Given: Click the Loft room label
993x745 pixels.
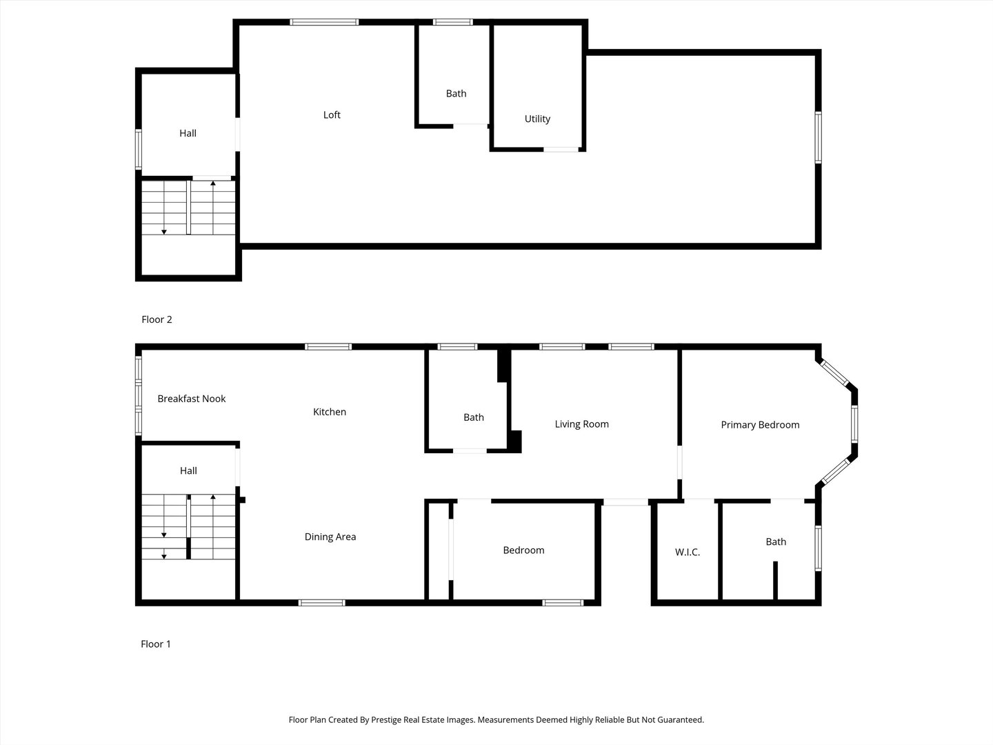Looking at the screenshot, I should tap(332, 115).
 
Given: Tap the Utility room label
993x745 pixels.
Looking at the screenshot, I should tap(537, 119).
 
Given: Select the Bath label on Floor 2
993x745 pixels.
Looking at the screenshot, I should tap(456, 94).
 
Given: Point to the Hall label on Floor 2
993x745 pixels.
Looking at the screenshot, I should tap(188, 134).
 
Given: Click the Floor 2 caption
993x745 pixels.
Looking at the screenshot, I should tap(157, 319).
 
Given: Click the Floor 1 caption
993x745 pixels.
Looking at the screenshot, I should tap(156, 644).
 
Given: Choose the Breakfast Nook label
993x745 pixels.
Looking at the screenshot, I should tap(192, 399).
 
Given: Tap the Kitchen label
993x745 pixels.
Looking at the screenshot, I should tap(330, 412).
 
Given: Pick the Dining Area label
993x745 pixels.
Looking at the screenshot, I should tap(330, 537).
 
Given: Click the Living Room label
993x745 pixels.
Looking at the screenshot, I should tap(582, 424).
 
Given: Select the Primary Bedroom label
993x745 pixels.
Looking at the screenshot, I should tap(760, 425).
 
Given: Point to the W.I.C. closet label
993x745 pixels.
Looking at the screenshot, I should tap(688, 553).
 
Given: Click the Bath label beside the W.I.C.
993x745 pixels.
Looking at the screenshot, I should tap(776, 542).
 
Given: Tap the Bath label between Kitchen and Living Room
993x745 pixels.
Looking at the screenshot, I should tap(474, 417).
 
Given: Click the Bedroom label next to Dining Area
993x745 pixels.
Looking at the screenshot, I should tap(523, 550).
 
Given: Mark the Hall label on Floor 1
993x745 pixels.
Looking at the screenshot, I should tap(188, 471).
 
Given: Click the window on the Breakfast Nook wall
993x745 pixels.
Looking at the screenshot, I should tap(139, 395).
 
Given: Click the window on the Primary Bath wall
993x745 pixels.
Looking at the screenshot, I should tap(818, 548).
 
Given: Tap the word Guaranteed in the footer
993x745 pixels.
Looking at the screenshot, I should tap(680, 720).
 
